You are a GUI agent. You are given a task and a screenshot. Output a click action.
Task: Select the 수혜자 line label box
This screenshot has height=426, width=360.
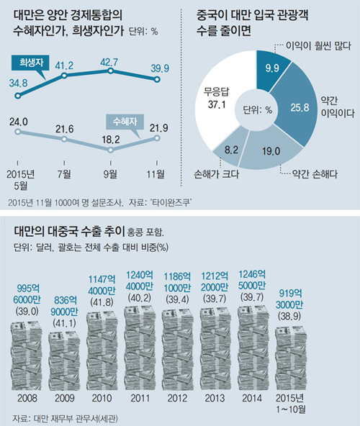pyautogui.click(x=125, y=119)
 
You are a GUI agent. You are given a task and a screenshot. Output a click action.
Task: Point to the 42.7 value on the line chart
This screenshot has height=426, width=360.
pyautogui.click(x=109, y=63)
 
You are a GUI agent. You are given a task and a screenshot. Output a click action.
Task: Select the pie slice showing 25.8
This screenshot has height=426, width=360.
pyautogui.click(x=297, y=109)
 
